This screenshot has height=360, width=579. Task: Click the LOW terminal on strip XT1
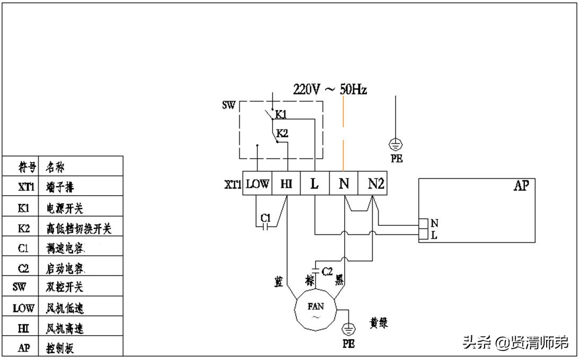coord(258,183)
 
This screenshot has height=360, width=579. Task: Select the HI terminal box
coord(286,183)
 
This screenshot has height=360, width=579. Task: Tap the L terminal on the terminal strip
coord(315,183)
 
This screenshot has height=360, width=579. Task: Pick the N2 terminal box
coord(376,183)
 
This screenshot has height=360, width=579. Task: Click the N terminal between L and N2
coord(344,183)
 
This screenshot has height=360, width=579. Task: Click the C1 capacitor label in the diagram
coord(266,217)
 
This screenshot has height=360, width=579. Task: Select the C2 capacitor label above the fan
coord(327,271)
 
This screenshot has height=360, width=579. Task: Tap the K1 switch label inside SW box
coord(280,114)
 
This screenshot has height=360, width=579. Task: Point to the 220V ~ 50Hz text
coord(330,90)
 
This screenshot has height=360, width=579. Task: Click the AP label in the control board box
coord(521,186)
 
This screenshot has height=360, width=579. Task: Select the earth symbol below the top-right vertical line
coord(396,144)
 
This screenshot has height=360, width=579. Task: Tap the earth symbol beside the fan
coord(348,330)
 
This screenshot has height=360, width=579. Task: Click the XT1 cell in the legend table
coord(23,188)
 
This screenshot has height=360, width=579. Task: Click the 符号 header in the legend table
coord(27,168)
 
